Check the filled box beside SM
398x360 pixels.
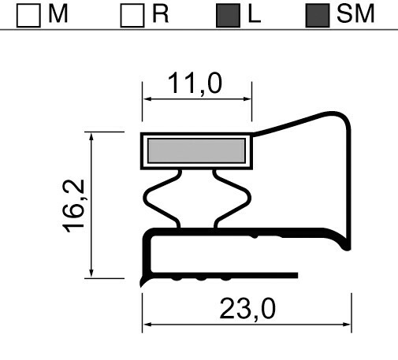click(x=315, y=15)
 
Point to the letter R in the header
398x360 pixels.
click(x=160, y=14)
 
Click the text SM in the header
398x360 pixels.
click(x=352, y=14)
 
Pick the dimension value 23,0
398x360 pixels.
click(x=247, y=309)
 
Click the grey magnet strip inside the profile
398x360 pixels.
click(x=195, y=150)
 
